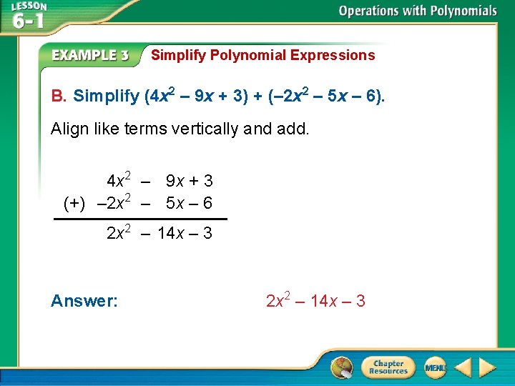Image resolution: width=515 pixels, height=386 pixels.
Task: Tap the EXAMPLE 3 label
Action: (x=91, y=56)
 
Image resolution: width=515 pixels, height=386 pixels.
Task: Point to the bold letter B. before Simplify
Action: (x=59, y=96)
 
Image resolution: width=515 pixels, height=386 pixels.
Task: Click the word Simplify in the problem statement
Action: (x=106, y=96)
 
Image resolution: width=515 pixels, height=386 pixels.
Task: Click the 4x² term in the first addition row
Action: (x=117, y=179)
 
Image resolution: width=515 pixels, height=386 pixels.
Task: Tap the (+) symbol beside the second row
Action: (x=74, y=204)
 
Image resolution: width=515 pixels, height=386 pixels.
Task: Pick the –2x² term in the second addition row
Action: (x=113, y=203)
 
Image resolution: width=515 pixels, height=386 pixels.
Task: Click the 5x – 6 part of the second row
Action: (x=189, y=203)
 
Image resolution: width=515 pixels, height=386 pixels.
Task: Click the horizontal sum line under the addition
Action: (x=141, y=219)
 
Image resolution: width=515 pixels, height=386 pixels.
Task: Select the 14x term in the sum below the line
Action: (x=171, y=233)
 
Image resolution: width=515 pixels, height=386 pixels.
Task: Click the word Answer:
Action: (x=84, y=302)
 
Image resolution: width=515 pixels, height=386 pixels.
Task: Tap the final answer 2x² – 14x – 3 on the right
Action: (x=315, y=302)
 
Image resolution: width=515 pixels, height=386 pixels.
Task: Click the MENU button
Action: (x=435, y=367)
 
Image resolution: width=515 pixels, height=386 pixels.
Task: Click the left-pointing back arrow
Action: (x=463, y=367)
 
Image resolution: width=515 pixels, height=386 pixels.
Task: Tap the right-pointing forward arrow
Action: (x=488, y=367)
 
